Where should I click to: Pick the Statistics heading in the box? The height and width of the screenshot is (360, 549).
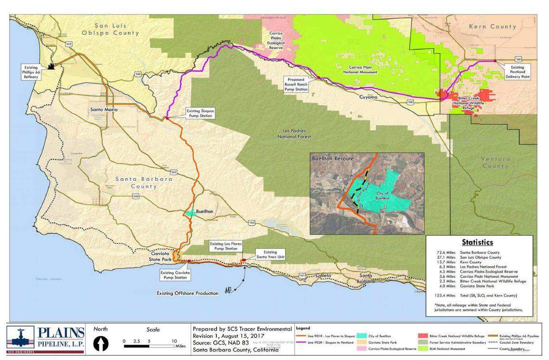tap(477, 242)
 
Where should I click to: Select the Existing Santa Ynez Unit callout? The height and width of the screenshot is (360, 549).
tap(270, 254)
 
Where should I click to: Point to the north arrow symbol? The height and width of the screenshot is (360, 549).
tap(101, 344)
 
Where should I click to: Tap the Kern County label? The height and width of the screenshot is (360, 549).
tap(496, 27)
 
